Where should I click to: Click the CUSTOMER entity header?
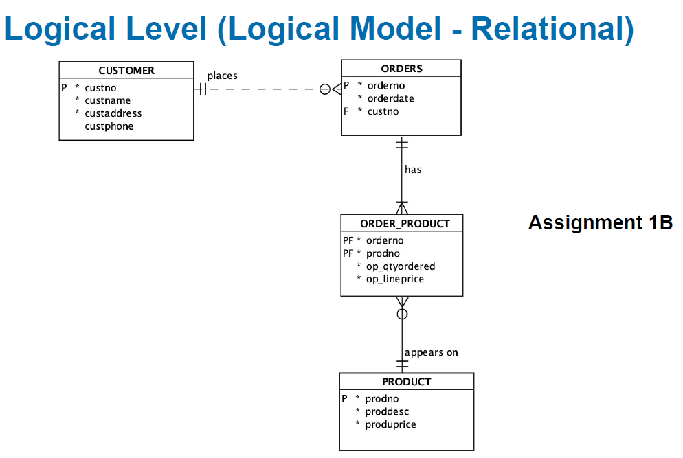[x=126, y=71]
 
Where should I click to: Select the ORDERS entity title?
[x=401, y=69]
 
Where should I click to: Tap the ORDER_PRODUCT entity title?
[x=405, y=224]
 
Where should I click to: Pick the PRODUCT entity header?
[x=406, y=382]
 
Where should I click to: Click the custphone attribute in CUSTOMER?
[x=109, y=126]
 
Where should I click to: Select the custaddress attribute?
[x=113, y=113]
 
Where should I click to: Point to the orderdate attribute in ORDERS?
[x=391, y=98]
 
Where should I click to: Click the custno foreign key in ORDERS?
[x=383, y=111]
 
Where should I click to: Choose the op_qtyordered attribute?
[x=401, y=266]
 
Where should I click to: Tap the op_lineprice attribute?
[x=394, y=279]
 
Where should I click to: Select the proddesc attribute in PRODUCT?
[x=387, y=412]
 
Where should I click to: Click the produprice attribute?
[x=390, y=424]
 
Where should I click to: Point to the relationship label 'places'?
[x=222, y=76]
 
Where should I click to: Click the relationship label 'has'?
[x=413, y=170]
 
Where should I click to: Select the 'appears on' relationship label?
[x=432, y=352]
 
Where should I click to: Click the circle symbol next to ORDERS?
[x=325, y=89]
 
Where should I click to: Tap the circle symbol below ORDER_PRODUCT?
[x=402, y=314]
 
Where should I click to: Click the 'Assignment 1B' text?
[x=601, y=222]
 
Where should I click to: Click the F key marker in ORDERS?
[x=346, y=111]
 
